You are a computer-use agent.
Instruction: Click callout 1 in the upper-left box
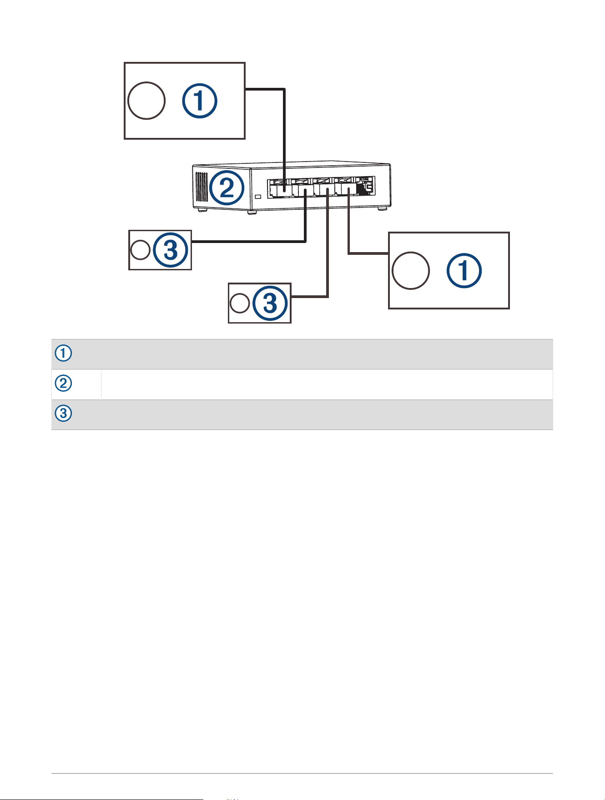click(200, 101)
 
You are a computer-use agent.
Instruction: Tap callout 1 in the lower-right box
click(464, 271)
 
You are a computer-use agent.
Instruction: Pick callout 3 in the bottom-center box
click(270, 303)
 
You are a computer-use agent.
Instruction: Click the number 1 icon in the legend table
click(64, 354)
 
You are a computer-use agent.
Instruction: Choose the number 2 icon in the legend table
click(64, 384)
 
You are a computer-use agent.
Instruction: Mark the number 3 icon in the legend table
click(64, 414)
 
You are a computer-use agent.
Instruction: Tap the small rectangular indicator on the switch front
click(257, 197)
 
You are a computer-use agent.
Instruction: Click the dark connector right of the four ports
click(365, 186)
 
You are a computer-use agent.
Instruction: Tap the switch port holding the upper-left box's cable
click(280, 188)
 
